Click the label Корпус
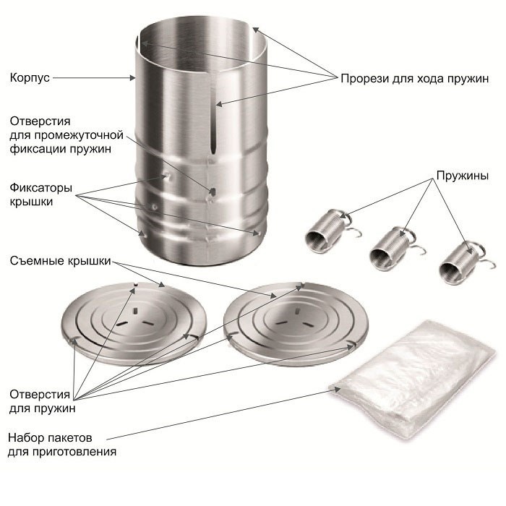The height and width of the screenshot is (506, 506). click(30, 78)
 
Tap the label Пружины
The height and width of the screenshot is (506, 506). click(462, 176)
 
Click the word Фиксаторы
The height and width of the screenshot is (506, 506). click(40, 187)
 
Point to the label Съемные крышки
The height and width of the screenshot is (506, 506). click(60, 261)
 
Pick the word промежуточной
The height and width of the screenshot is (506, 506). click(78, 135)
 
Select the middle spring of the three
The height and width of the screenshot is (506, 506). click(394, 248)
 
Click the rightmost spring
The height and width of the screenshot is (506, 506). click(464, 262)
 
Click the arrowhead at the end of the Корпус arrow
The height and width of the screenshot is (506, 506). click(132, 78)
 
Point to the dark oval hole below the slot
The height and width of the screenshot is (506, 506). click(213, 192)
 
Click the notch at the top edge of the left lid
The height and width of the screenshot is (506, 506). click(136, 284)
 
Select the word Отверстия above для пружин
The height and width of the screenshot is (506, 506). click(40, 394)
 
